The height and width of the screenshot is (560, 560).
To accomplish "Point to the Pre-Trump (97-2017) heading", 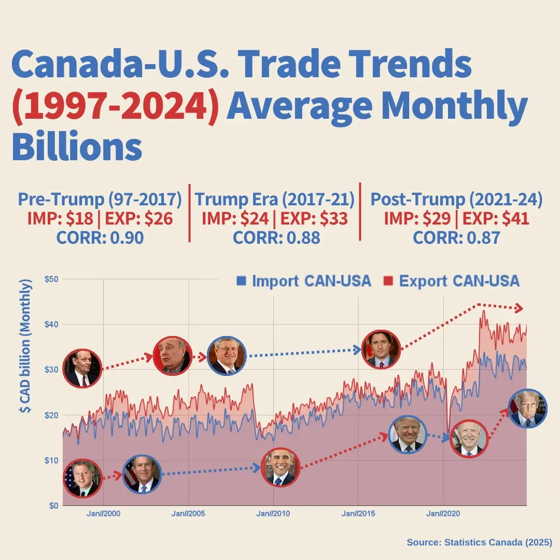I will (x=100, y=200).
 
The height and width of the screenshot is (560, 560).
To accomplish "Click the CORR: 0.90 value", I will (x=100, y=237).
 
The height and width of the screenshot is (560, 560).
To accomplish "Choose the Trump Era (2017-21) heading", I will (x=275, y=200).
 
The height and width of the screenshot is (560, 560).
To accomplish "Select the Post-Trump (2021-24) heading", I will (x=456, y=200).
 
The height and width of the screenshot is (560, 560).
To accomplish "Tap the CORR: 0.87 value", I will (x=456, y=237).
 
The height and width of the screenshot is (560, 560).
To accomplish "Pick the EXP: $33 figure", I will (x=314, y=219).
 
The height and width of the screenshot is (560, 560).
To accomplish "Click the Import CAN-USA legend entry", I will (x=304, y=281).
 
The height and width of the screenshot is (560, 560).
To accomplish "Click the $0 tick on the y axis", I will (x=53, y=506).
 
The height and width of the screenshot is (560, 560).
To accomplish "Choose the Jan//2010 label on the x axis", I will (x=273, y=514).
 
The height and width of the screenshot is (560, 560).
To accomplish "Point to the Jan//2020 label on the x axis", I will (x=443, y=514).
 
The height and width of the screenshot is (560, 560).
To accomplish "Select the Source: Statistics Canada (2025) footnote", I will (x=479, y=542).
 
